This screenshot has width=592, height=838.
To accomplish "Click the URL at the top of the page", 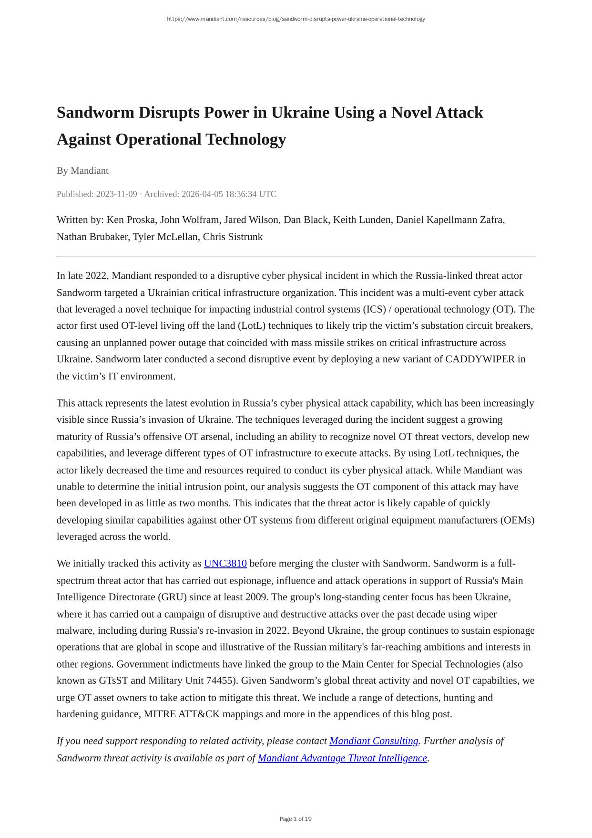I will (296, 19).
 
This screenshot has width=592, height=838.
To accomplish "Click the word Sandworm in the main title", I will (95, 113).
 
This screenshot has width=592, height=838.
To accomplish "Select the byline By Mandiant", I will (82, 170).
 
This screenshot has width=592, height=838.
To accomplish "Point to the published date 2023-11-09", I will (116, 194).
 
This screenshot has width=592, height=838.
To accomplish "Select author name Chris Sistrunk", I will (233, 237).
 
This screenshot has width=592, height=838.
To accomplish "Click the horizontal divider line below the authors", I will (296, 256).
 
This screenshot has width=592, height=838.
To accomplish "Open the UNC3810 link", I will (225, 564).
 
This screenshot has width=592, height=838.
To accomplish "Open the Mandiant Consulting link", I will (373, 741).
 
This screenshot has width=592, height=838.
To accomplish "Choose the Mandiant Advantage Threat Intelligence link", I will (342, 758).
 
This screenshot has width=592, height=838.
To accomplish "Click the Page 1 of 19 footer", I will (296, 819).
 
